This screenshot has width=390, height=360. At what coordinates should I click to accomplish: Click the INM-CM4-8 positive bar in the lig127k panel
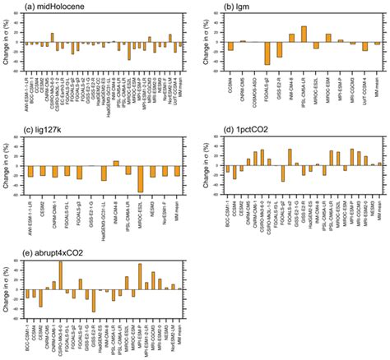(x=115, y=163)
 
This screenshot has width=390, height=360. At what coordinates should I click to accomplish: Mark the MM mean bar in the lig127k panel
(x=176, y=171)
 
